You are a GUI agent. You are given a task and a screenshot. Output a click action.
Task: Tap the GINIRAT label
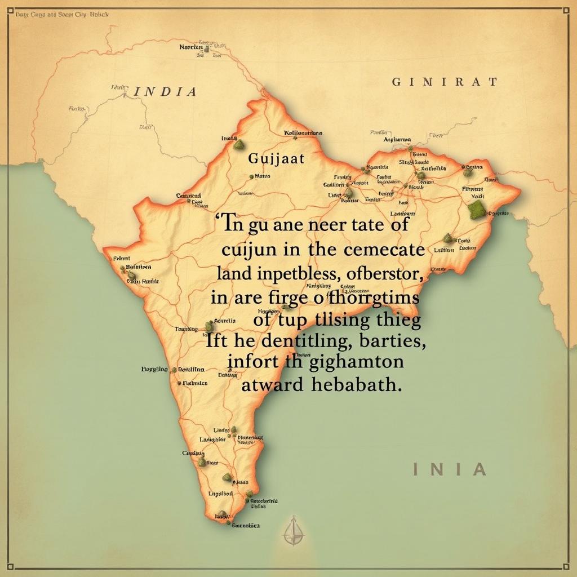(x=444, y=82)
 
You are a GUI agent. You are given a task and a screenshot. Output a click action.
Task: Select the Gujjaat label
(x=276, y=159)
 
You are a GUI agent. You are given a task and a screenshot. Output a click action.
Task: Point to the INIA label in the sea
(x=449, y=469)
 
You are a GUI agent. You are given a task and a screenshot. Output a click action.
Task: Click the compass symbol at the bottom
(x=293, y=531)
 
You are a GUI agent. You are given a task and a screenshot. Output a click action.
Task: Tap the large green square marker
(x=477, y=210)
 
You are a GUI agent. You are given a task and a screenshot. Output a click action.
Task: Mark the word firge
(x=281, y=298)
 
